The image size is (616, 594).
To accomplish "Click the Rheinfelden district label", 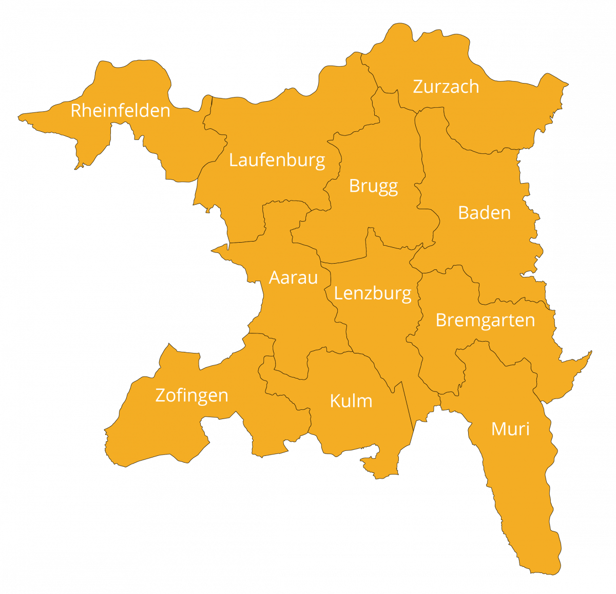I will tap(120, 111).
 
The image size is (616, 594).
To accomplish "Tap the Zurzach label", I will tap(446, 87).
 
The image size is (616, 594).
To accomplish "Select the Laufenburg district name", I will tap(277, 161).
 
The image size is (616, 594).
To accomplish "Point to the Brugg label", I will tap(373, 186).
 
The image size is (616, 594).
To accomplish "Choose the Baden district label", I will tap(484, 213).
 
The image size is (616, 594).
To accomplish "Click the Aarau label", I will tap(293, 278).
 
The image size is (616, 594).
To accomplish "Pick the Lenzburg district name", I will tap(372, 294).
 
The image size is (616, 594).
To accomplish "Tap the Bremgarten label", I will tap(485, 321).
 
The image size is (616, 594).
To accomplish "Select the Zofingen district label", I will tap(191, 395).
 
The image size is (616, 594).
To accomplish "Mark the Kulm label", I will tap(351, 401).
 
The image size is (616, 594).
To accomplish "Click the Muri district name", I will tap(510, 429).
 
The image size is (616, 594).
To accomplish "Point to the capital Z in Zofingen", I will tap(160, 395).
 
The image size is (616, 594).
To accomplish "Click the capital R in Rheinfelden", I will tap(76, 111).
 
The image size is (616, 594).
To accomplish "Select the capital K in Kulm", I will tap(335, 401).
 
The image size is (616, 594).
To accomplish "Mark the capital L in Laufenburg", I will tap(233, 160).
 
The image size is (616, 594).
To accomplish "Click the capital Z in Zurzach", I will tap(418, 87).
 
